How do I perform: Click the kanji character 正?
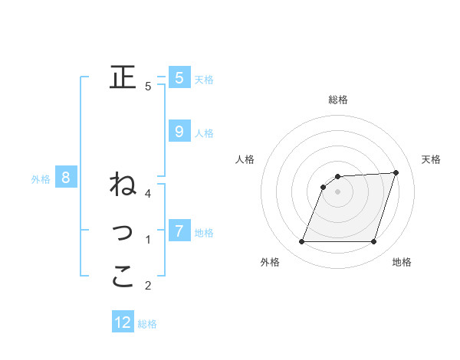tap(123, 77)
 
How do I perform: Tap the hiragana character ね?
tap(123, 184)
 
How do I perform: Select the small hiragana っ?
tap(123, 231)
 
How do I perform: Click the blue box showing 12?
tap(123, 322)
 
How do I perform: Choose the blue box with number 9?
tap(179, 132)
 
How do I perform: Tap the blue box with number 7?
tap(179, 231)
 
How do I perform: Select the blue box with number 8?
tap(66, 178)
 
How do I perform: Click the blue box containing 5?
tap(179, 77)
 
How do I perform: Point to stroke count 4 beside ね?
tap(148, 193)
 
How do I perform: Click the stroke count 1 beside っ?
tap(148, 240)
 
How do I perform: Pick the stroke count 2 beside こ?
tap(148, 286)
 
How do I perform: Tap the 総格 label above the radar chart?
tap(338, 100)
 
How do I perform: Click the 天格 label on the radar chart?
tap(431, 159)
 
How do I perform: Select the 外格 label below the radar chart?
tap(270, 262)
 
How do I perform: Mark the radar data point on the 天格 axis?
tap(396, 172)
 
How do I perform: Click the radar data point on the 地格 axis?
tap(373, 242)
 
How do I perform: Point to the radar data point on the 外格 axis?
tap(302, 242)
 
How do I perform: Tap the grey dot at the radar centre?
tap(338, 191)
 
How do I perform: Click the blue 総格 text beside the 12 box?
tap(147, 324)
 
